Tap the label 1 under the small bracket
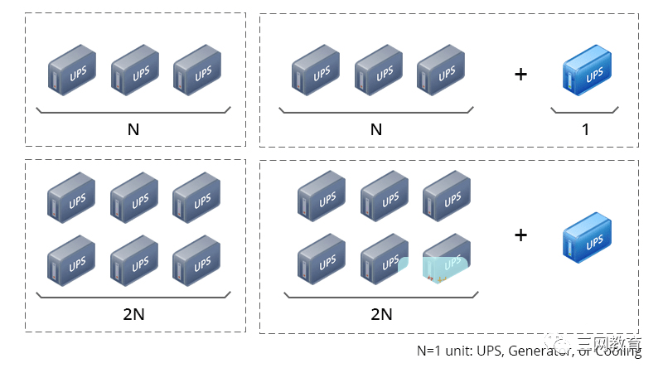(585, 128)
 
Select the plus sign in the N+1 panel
(520, 75)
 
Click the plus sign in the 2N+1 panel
(520, 235)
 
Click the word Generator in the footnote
(538, 351)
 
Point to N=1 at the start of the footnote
(431, 351)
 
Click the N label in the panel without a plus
(133, 128)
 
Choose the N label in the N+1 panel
(375, 128)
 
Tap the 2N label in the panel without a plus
(133, 313)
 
